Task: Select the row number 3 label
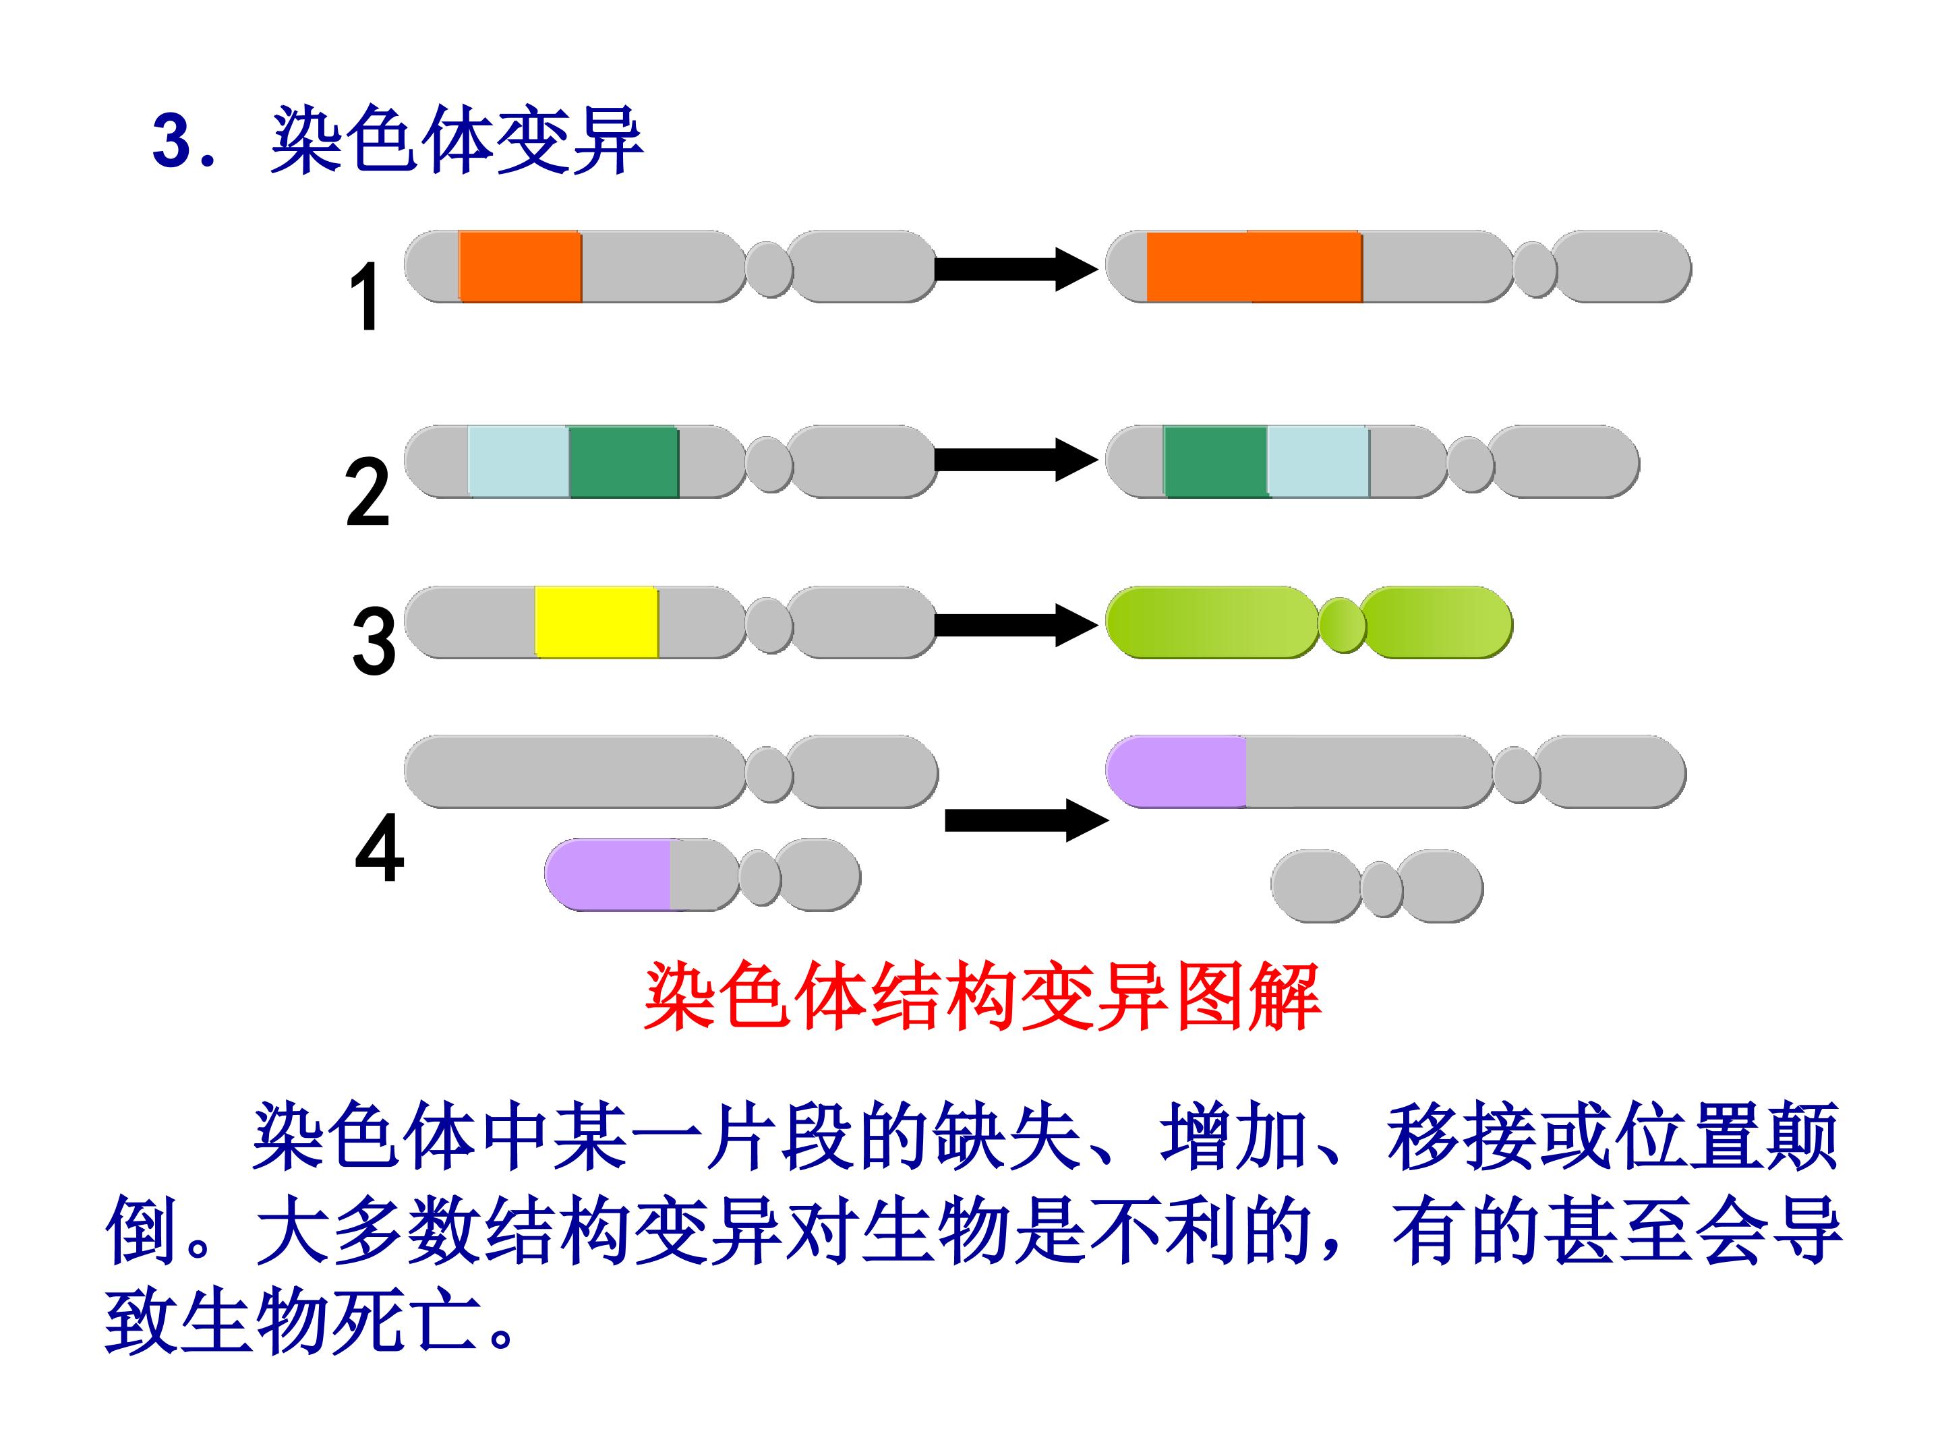(x=373, y=642)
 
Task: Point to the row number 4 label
(x=379, y=849)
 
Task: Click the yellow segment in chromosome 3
(x=596, y=622)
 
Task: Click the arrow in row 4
(x=1027, y=820)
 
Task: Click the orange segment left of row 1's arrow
(x=520, y=267)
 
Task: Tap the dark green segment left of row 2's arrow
(x=623, y=462)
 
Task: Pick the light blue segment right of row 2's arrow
(x=1318, y=462)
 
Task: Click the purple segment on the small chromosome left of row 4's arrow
(x=608, y=874)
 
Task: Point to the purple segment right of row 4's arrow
(x=1177, y=771)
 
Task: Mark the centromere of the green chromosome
(x=1343, y=624)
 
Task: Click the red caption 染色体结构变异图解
(x=982, y=998)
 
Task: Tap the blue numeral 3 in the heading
(x=172, y=142)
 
